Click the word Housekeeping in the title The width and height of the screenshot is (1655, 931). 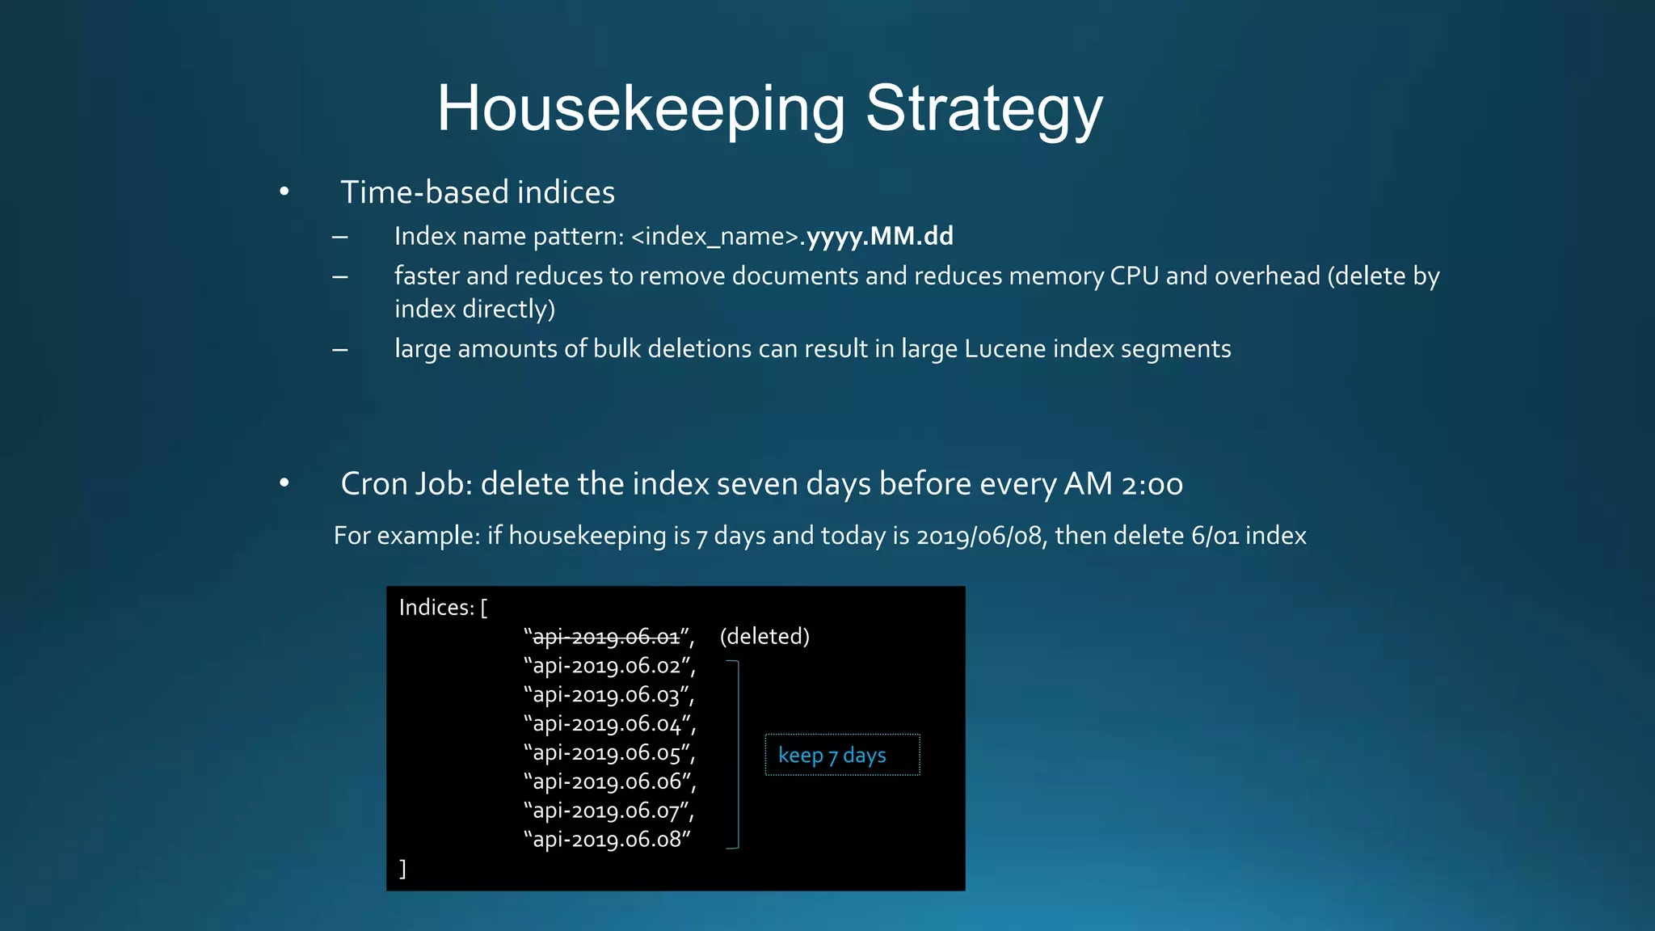pyautogui.click(x=641, y=109)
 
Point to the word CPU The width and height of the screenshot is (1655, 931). pyautogui.click(x=1134, y=276)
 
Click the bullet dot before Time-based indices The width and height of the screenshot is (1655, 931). pyautogui.click(x=284, y=192)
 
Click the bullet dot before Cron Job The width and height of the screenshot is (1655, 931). pyautogui.click(x=284, y=483)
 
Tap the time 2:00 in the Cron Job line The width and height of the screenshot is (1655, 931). pyautogui.click(x=1152, y=483)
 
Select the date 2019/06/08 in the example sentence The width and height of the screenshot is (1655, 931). pyautogui.click(x=979, y=535)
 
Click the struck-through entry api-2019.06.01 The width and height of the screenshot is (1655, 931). pyautogui.click(x=606, y=637)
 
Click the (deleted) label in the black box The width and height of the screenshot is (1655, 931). pyautogui.click(x=764, y=636)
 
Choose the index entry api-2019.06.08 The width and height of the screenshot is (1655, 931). pyautogui.click(x=607, y=839)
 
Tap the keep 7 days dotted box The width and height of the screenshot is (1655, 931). pyautogui.click(x=842, y=755)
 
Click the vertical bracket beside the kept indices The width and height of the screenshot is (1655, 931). pyautogui.click(x=738, y=754)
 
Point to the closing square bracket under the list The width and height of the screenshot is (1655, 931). pyautogui.click(x=402, y=869)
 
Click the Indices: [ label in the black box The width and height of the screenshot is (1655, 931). pyautogui.click(x=443, y=607)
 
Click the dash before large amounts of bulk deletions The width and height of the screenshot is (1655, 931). pyautogui.click(x=340, y=350)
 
